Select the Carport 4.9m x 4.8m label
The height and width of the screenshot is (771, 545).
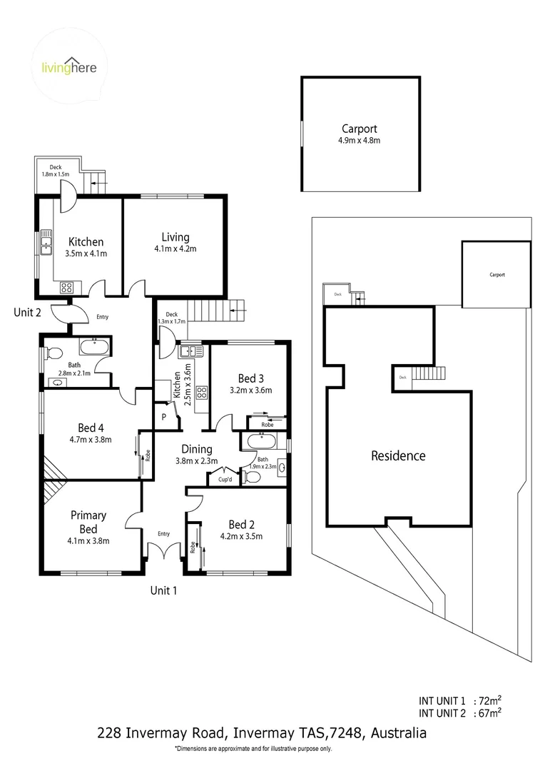point(359,134)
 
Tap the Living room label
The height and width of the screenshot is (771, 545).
point(175,243)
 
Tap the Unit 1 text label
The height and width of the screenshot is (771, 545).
point(163,590)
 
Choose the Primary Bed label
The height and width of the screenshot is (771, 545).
point(88,521)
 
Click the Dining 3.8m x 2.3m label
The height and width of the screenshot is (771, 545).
point(196,455)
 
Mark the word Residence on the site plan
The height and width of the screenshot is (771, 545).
point(398,455)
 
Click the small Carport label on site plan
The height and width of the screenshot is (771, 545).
point(497,274)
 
